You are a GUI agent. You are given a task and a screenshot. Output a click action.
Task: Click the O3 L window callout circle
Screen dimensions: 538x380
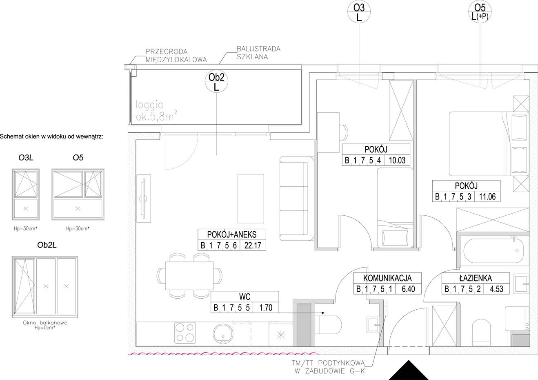[x=359, y=11]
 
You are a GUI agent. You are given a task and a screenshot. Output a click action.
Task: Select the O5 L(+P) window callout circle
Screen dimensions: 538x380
[x=480, y=11]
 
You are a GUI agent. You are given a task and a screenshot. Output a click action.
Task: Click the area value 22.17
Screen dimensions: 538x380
[x=253, y=246]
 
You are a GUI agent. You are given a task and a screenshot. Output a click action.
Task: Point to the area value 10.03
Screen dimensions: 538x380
[x=397, y=160]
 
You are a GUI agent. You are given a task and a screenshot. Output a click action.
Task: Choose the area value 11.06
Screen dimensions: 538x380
[x=487, y=197]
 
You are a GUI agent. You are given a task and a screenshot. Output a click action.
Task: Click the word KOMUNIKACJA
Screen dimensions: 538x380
[x=387, y=278]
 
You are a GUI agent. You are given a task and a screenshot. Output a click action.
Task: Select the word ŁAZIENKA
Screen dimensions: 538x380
[x=476, y=278]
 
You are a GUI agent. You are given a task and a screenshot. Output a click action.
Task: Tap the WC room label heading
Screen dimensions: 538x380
[x=245, y=297]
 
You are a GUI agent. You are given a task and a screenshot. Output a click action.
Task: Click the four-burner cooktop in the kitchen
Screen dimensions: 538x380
[x=185, y=333]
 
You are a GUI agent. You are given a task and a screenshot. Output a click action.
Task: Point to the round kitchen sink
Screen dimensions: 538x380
[x=222, y=334]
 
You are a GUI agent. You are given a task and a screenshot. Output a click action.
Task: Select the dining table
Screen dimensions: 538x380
[x=189, y=276]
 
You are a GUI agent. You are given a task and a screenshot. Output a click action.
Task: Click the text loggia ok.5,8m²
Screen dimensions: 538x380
[x=156, y=111]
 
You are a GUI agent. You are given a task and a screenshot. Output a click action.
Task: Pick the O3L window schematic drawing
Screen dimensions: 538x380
[x=26, y=194]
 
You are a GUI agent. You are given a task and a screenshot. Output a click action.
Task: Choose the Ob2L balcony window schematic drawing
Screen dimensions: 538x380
[x=45, y=287]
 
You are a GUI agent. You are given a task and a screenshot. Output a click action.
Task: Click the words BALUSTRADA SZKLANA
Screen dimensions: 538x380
[x=259, y=53]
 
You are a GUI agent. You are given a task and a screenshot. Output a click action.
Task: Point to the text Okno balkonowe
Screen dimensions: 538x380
[x=45, y=323]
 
